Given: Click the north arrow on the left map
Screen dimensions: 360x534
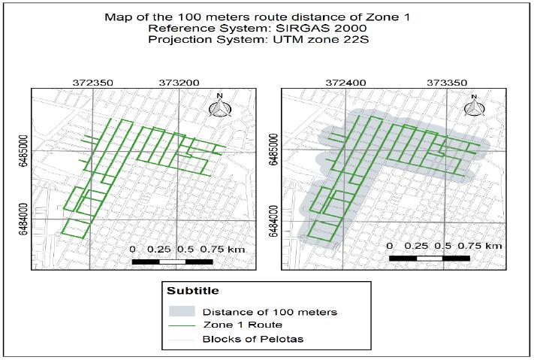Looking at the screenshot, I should point(219,106).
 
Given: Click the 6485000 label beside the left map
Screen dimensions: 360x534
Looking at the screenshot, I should point(25,150).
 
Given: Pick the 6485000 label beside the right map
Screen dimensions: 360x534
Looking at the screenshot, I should point(274,150).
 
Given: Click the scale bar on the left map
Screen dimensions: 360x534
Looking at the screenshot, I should point(172,261).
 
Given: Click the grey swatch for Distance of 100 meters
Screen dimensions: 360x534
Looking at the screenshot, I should point(184,310).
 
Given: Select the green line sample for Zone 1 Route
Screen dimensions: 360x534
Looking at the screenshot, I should point(184,325).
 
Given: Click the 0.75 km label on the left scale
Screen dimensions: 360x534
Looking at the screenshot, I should point(224,249).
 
